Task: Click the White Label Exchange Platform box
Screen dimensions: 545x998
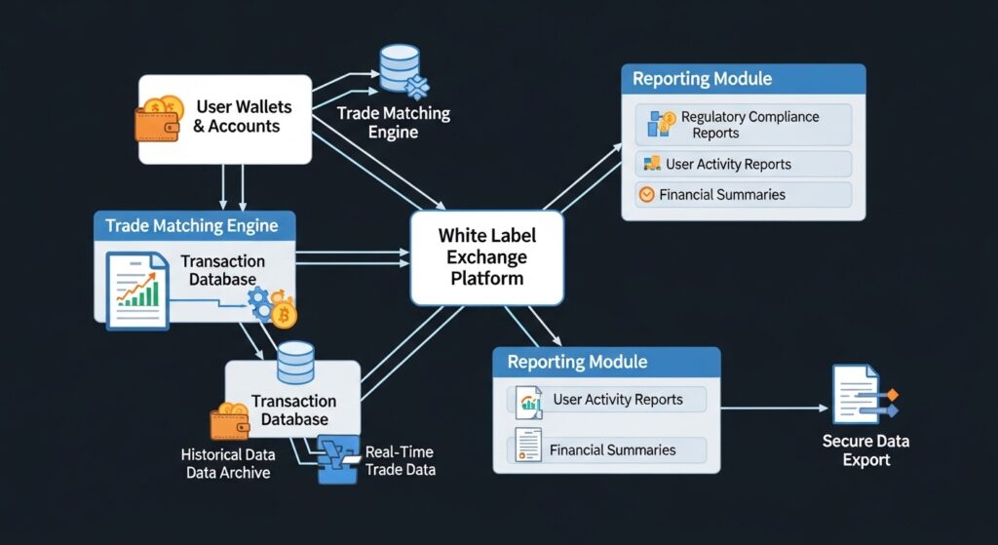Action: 486,258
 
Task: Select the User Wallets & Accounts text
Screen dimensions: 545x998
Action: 243,116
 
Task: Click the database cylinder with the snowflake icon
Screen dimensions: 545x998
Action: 400,69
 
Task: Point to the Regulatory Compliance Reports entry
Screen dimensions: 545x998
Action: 748,125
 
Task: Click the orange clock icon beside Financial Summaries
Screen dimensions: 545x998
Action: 645,195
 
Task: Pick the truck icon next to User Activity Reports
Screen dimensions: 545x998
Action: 649,164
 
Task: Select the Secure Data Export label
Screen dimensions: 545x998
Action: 865,450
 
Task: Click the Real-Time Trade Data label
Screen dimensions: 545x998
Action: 400,461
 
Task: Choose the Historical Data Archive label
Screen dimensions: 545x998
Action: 228,464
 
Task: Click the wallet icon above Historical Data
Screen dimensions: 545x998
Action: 230,421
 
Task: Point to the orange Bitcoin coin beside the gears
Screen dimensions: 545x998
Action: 285,314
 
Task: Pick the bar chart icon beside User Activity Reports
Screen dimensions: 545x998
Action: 530,400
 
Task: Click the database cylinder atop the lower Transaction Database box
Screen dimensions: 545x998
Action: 294,362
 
